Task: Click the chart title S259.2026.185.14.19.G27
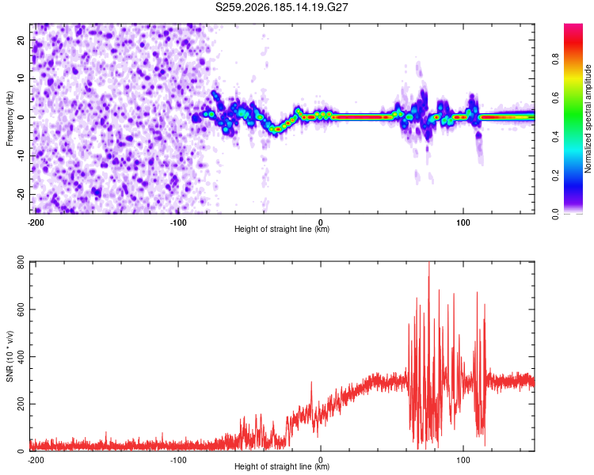pos(281,7)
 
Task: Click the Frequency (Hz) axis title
pos(10,119)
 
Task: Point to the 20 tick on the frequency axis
pos(21,40)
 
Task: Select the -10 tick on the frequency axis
pos(21,155)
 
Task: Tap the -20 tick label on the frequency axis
pos(21,194)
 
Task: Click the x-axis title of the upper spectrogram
pos(282,229)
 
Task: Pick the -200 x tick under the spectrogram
pos(36,222)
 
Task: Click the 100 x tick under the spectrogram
pos(463,222)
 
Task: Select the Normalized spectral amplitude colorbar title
pos(587,119)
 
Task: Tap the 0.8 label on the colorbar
pos(555,59)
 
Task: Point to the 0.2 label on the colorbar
pos(555,176)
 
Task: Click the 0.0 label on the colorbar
pos(555,214)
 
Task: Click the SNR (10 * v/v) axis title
pos(10,356)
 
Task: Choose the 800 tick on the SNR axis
pos(21,262)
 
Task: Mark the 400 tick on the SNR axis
pos(21,356)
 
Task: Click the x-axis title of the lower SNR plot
pos(282,466)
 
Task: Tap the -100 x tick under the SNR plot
pos(178,460)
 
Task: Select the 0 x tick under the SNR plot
pos(321,460)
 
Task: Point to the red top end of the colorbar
pos(573,25)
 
